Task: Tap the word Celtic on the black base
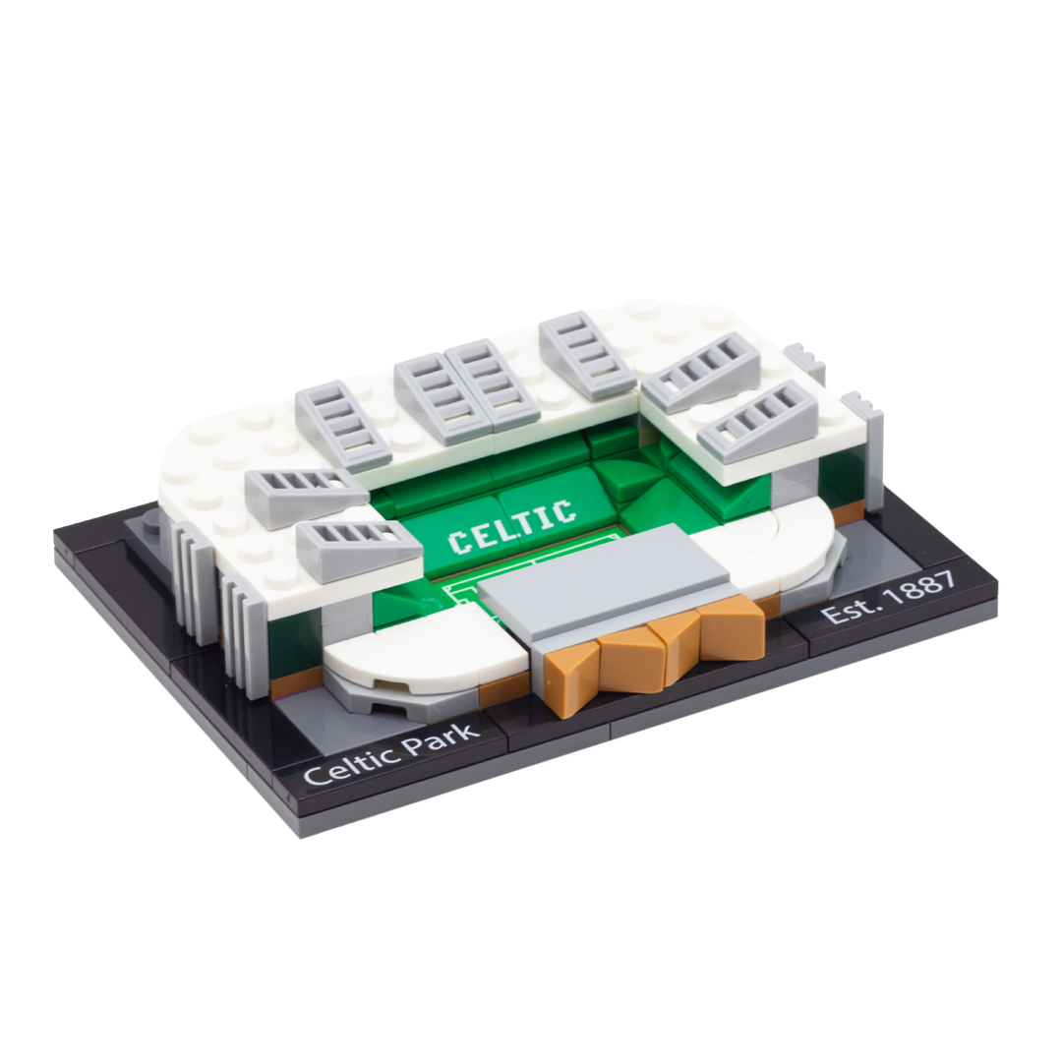349,761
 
